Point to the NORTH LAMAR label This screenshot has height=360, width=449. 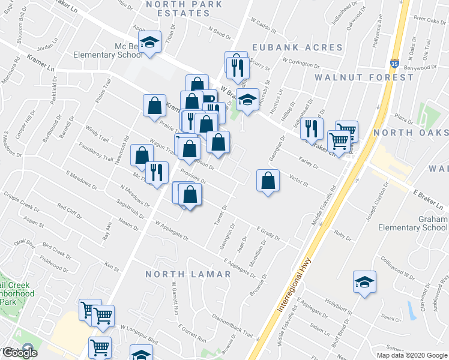189,274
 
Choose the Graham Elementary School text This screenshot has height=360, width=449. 412,223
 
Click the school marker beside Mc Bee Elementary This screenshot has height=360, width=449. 149,42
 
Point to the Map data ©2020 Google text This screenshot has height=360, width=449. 411,355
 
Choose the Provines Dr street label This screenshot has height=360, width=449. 193,176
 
